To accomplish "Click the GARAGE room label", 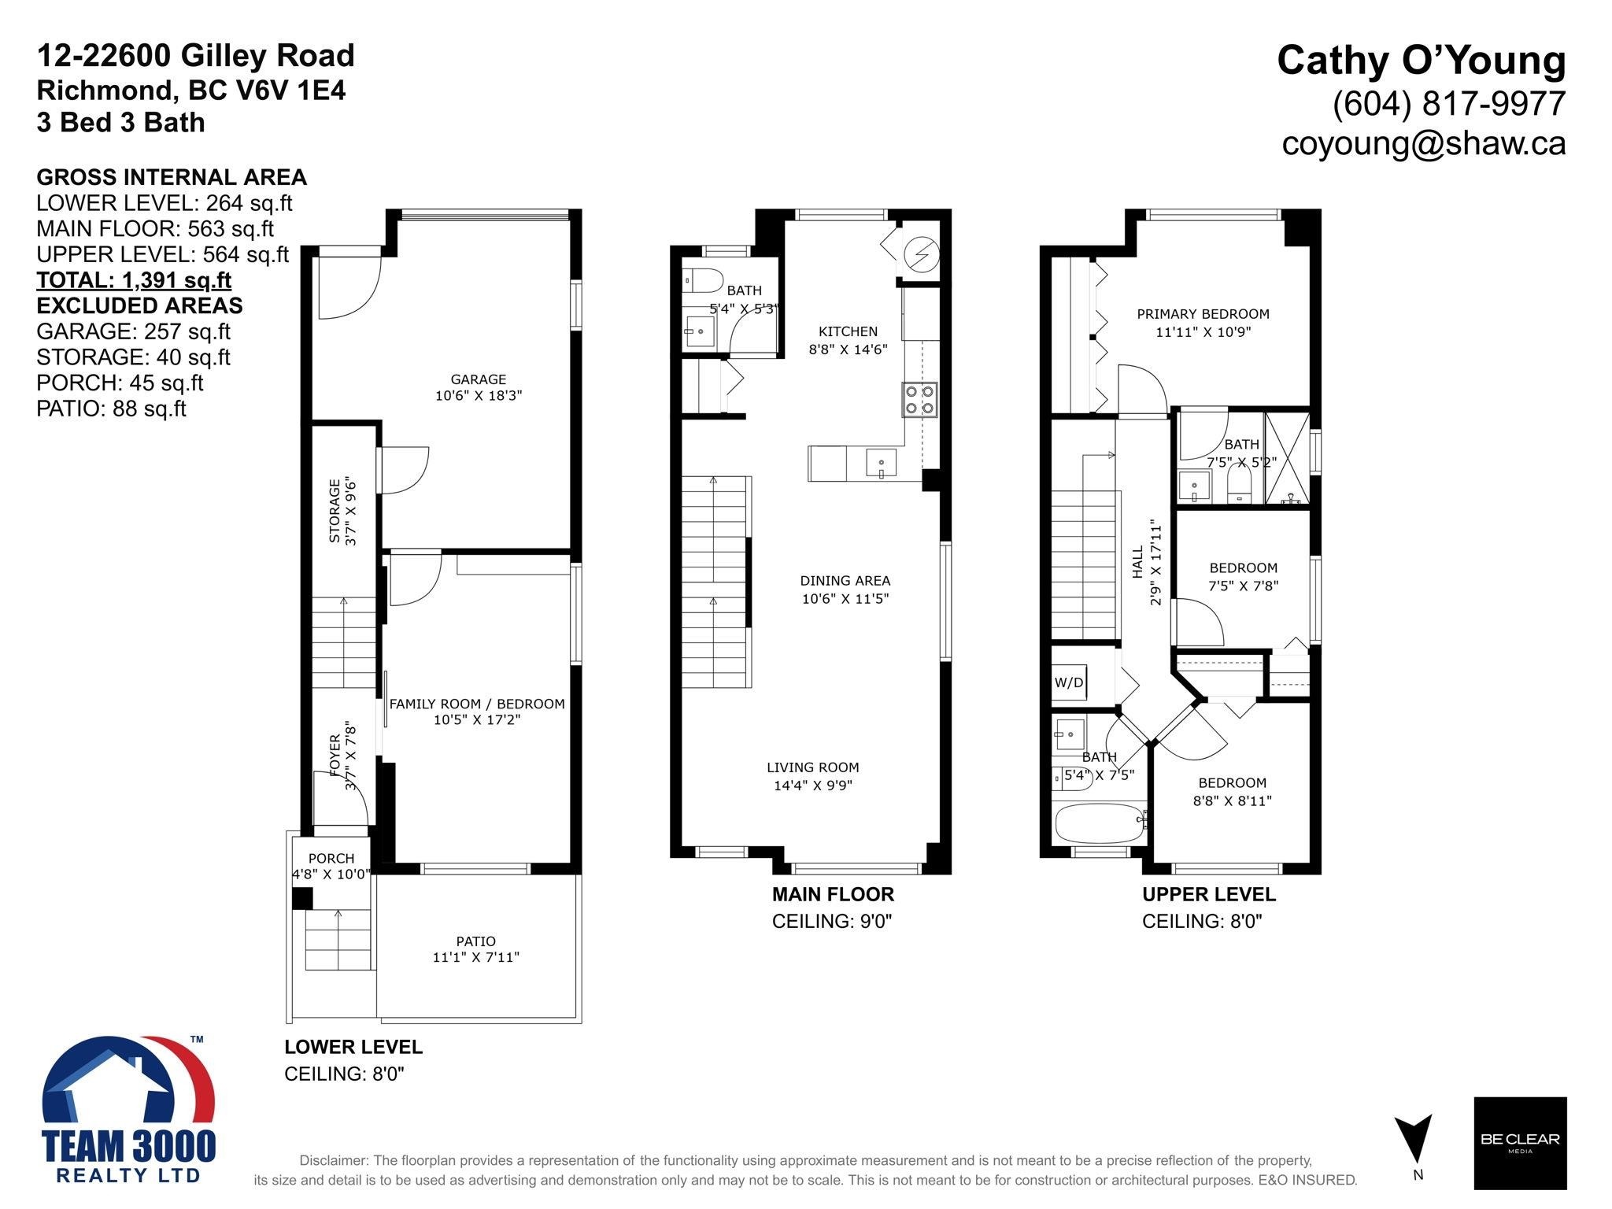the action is [x=479, y=379].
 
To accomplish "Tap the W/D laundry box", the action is [x=1069, y=682].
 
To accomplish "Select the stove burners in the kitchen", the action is [x=919, y=399].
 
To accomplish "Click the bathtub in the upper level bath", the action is [x=1100, y=823].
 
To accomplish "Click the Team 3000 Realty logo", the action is [x=128, y=1109].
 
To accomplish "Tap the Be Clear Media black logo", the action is [x=1520, y=1143].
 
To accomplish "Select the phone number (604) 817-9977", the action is [x=1449, y=103].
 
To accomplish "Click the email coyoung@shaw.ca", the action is [x=1424, y=143].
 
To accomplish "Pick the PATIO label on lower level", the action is [x=476, y=941].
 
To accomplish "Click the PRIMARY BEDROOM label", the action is [x=1203, y=314].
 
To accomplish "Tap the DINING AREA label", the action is [x=845, y=581].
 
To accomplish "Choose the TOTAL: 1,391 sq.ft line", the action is [x=134, y=280].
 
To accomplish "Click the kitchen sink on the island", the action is [x=882, y=463].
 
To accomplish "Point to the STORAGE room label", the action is [x=335, y=511].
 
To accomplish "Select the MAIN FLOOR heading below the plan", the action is [x=833, y=894].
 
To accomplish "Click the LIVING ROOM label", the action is [x=813, y=767].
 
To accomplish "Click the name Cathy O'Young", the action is [x=1422, y=61].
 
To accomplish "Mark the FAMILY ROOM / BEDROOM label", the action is [x=477, y=704].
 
